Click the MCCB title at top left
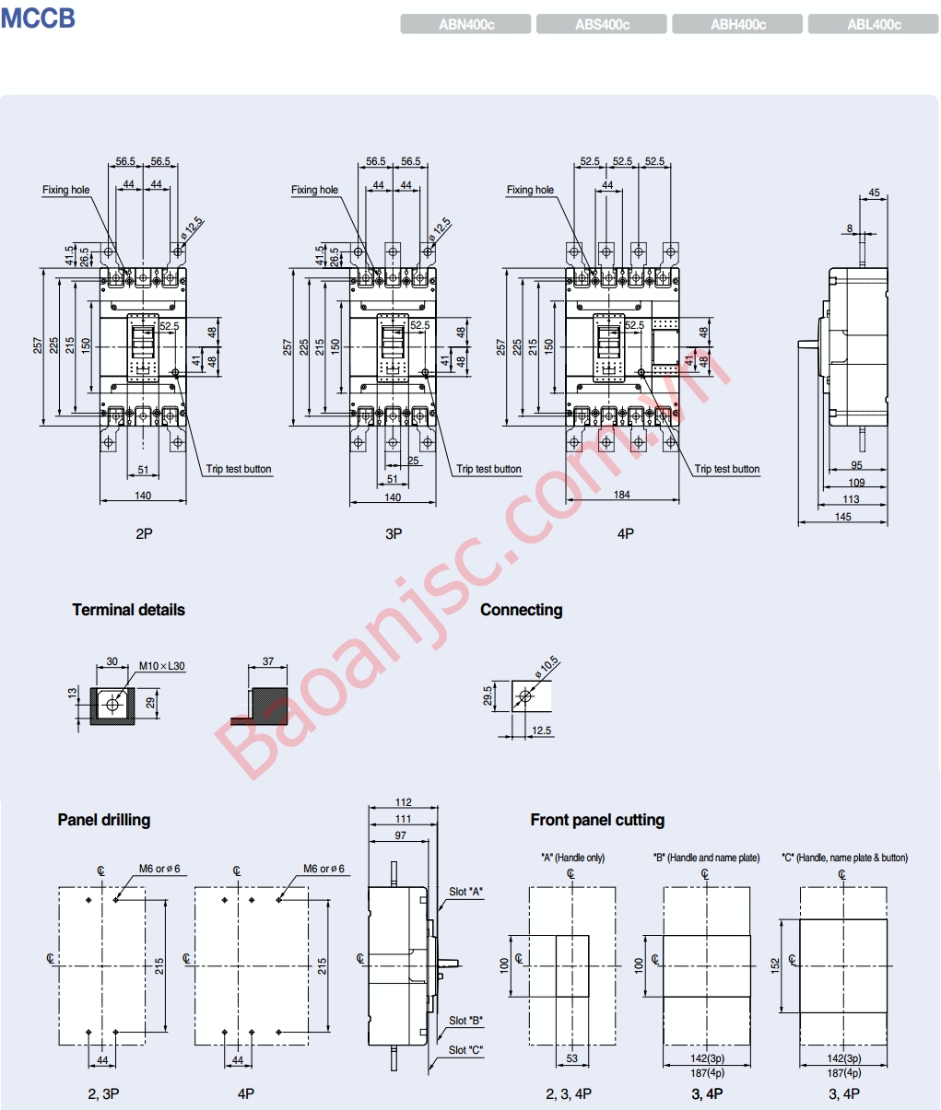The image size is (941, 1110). pos(38,18)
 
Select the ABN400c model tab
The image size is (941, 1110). pos(465,25)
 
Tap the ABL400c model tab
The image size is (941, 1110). pos(873,25)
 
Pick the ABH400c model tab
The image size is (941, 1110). pos(737,25)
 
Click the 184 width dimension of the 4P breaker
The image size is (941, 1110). pos(622,495)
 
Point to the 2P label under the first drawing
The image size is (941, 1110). pos(144,533)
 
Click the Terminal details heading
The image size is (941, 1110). pos(128,610)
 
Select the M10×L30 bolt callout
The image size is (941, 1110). pos(161,666)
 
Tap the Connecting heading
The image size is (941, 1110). pos(521,610)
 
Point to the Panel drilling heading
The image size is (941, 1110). pos(103,820)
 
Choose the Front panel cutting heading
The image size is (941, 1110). pos(597,820)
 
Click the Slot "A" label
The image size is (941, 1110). pos(466,892)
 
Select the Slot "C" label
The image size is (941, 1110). pos(466,1050)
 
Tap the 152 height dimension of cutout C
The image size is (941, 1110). pos(775,964)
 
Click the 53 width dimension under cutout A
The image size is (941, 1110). pos(572,1058)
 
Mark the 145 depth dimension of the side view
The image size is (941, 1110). pos(842,517)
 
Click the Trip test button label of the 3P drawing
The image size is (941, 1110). pos(488,469)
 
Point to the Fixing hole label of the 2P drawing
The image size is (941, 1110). pos(66,190)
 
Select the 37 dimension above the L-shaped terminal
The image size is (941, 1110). pos(268,661)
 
